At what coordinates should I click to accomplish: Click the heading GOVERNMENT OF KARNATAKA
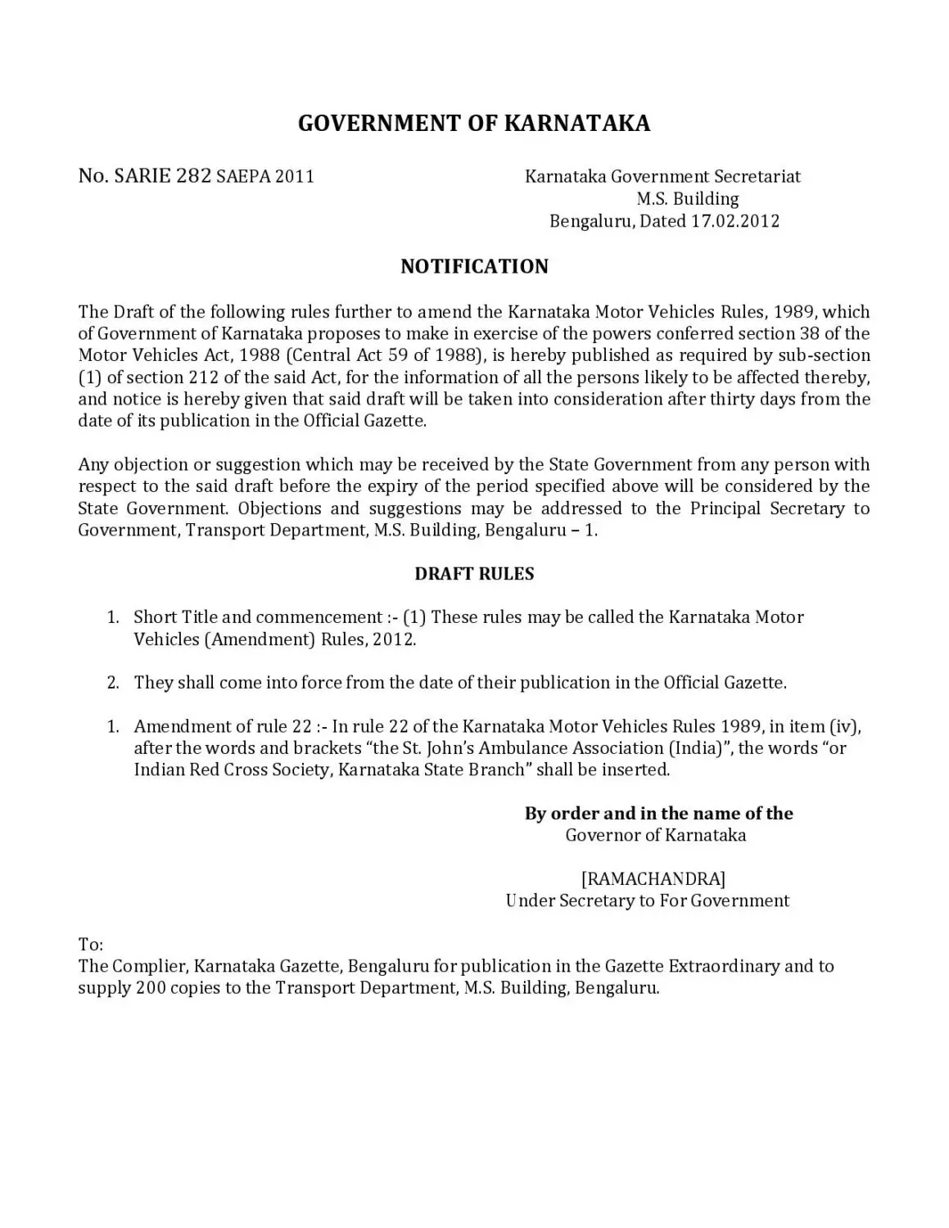[473, 124]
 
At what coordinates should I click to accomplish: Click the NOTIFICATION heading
[474, 267]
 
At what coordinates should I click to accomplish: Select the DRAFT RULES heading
[474, 574]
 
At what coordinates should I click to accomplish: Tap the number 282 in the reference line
[194, 176]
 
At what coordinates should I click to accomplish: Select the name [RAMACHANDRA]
[653, 879]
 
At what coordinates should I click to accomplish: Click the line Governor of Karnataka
[655, 835]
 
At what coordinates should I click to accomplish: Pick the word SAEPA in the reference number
[243, 177]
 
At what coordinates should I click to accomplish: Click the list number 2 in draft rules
[114, 683]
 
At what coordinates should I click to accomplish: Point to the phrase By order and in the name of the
[658, 814]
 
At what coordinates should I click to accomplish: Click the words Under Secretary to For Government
[647, 901]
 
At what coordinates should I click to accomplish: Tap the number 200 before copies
[151, 988]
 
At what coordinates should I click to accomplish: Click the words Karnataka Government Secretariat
[662, 177]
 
